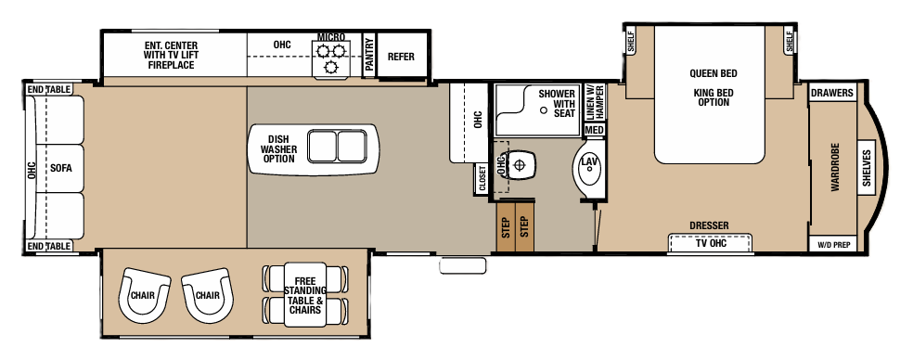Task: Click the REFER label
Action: [x=401, y=57]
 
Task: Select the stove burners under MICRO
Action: [x=331, y=58]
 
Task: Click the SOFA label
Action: [x=61, y=168]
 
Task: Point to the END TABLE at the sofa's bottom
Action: [x=49, y=246]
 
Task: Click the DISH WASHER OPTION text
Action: [x=277, y=148]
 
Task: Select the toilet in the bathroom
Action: [x=521, y=165]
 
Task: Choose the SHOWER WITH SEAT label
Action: [x=557, y=102]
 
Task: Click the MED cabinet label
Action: [x=594, y=130]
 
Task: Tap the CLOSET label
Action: [x=482, y=179]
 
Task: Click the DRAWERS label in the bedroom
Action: [x=831, y=94]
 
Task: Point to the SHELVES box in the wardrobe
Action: [x=867, y=169]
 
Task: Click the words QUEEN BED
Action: [x=712, y=73]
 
